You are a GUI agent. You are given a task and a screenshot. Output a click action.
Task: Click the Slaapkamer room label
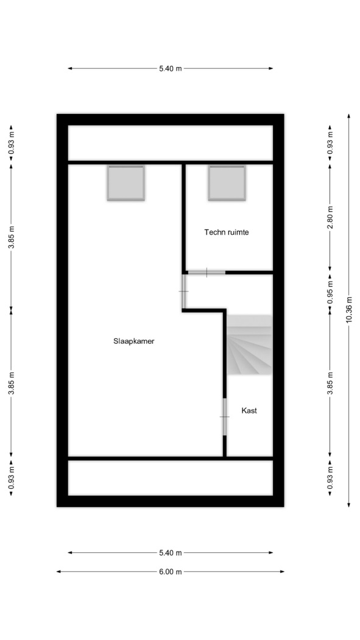[x=134, y=341]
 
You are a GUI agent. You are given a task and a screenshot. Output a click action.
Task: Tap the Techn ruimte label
[x=226, y=232]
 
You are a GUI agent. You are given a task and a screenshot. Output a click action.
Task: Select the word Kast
[x=249, y=411]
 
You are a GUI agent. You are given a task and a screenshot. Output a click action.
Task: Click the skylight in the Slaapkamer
[x=126, y=183]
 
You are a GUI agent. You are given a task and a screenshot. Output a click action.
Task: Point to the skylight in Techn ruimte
[x=227, y=183]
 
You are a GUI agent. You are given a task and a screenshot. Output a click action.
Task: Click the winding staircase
[x=249, y=345]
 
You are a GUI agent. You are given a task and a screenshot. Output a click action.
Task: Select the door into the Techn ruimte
[x=206, y=272]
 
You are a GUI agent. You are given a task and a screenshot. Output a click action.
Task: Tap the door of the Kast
[x=224, y=417]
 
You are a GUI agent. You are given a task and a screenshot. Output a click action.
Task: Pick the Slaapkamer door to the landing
[x=184, y=291]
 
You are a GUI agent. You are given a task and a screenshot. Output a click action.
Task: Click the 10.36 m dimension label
[x=348, y=310]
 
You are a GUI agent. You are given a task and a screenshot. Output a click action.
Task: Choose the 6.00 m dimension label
[x=171, y=572]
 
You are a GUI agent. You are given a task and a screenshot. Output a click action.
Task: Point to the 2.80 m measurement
[x=330, y=217]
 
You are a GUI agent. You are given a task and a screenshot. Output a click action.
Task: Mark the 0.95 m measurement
[x=330, y=290]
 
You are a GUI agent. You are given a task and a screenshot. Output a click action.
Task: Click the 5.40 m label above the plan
[x=171, y=68]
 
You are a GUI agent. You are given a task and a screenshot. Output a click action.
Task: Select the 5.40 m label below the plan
[x=171, y=553]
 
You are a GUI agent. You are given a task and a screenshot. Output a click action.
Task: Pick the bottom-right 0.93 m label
[x=330, y=478]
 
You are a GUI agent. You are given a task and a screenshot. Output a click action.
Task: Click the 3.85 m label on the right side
[x=330, y=383]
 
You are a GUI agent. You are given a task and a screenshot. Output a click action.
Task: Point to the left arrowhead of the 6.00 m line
[x=58, y=572]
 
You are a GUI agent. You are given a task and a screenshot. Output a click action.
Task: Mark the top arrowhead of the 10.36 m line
[x=348, y=116]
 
